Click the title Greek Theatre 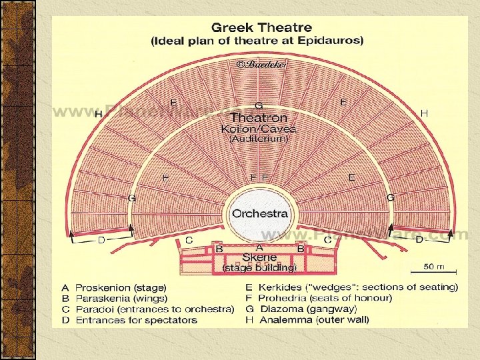pos(261,28)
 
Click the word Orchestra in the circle pos(260,214)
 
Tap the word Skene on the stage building pos(259,257)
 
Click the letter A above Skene pos(259,246)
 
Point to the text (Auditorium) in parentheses pos(259,139)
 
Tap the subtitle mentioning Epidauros pos(257,41)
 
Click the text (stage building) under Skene pos(259,267)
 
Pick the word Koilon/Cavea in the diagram pos(259,129)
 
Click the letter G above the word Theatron pos(259,106)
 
